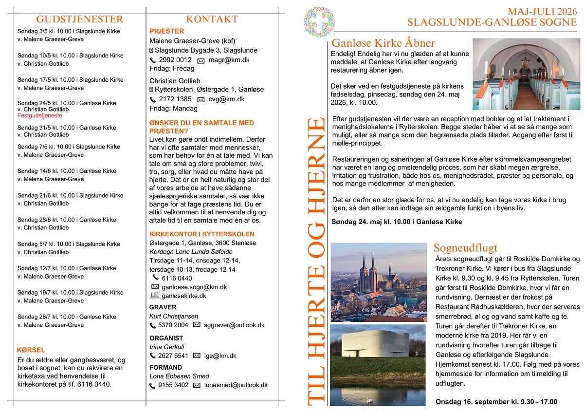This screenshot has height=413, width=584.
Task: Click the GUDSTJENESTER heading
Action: (x=80, y=19)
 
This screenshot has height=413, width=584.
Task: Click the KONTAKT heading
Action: (x=212, y=19)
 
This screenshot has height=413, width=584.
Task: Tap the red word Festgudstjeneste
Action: (x=40, y=116)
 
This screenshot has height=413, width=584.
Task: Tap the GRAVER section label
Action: (x=163, y=307)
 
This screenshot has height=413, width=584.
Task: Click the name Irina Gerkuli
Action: (x=167, y=347)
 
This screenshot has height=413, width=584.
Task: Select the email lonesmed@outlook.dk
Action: (x=236, y=385)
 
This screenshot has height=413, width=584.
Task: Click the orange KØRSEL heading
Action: (x=31, y=350)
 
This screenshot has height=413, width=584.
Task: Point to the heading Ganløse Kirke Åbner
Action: (x=383, y=43)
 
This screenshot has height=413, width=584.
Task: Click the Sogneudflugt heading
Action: (x=465, y=247)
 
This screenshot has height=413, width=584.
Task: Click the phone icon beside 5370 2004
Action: (x=153, y=325)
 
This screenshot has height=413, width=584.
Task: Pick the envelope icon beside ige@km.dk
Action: (x=197, y=356)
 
